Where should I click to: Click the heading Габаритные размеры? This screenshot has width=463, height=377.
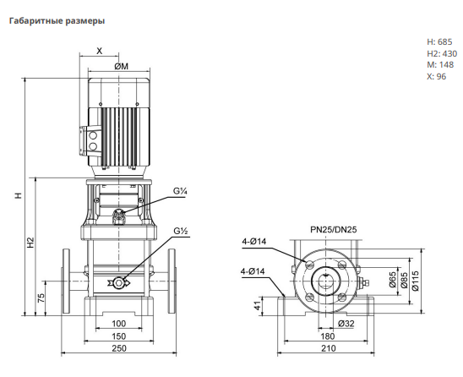coord(57,21)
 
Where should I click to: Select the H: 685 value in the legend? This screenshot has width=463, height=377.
coord(439,42)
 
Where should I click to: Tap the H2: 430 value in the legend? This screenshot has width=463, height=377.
coord(442,54)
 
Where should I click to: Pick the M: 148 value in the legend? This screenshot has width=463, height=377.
coord(440,65)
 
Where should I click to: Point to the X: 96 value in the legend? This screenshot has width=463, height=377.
coord(436,77)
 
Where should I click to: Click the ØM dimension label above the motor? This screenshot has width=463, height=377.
coord(122,67)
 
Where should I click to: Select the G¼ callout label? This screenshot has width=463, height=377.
coord(180,191)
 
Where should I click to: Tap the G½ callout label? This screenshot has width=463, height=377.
coord(181,231)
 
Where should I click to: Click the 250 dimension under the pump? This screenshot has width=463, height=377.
coord(119,348)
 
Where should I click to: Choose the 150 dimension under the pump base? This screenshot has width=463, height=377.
coord(119,336)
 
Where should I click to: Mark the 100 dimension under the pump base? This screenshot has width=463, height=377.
coord(119,324)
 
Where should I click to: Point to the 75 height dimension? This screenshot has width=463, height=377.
coord(41,298)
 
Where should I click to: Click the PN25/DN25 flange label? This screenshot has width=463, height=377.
coord(334,230)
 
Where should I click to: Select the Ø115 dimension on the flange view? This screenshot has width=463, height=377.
coord(416,281)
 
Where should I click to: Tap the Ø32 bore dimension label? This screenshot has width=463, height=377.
coord(346,324)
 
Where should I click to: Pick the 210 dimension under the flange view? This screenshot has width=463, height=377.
coord(329,348)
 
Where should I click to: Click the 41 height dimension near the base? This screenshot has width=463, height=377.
coord(259,305)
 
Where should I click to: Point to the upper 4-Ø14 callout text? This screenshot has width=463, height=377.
coord(254,242)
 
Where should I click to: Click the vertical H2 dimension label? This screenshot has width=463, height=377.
coord(31,243)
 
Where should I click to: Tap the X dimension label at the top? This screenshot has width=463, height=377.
coord(100,51)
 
